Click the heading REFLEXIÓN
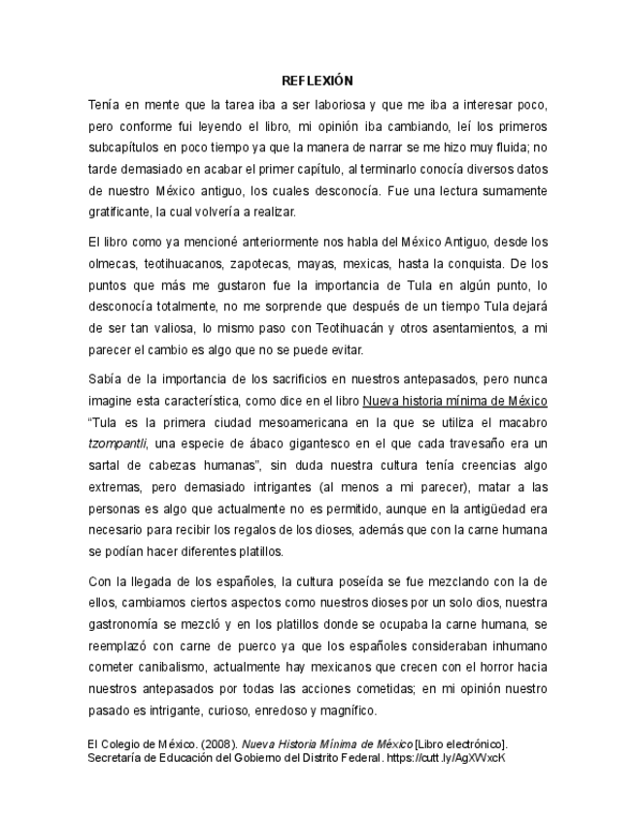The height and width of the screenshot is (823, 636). (x=318, y=81)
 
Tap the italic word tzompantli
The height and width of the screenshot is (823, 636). (x=119, y=444)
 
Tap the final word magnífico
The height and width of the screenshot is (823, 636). (x=346, y=709)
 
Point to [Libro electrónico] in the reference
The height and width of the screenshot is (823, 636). (x=462, y=743)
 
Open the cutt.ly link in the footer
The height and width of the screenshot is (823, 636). (x=448, y=757)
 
